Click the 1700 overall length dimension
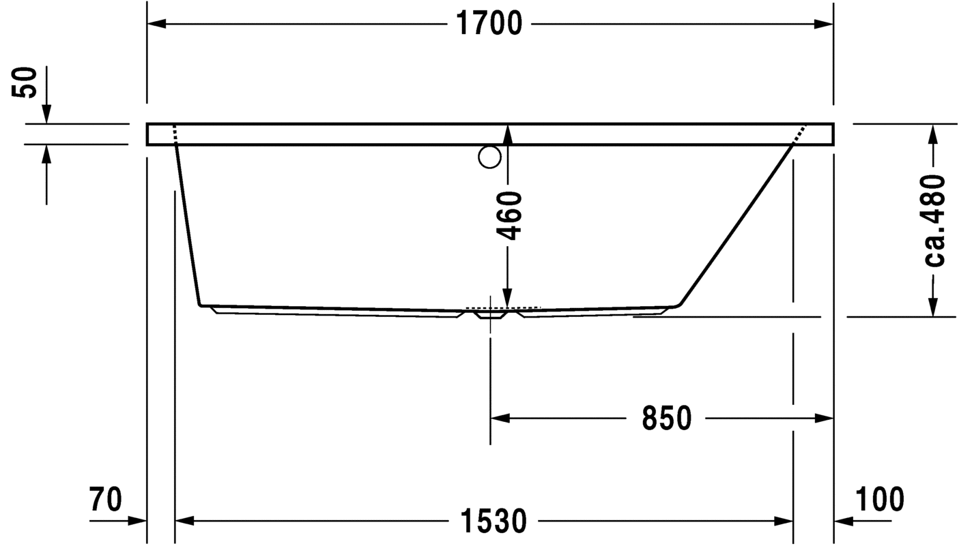[489, 23]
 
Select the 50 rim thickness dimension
[25, 83]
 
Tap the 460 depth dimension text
[509, 215]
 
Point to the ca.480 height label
[934, 221]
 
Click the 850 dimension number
[667, 418]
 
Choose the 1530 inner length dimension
[493, 521]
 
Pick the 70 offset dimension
[105, 500]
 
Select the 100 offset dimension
[880, 499]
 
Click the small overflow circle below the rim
[490, 157]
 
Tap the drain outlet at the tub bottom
[490, 315]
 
